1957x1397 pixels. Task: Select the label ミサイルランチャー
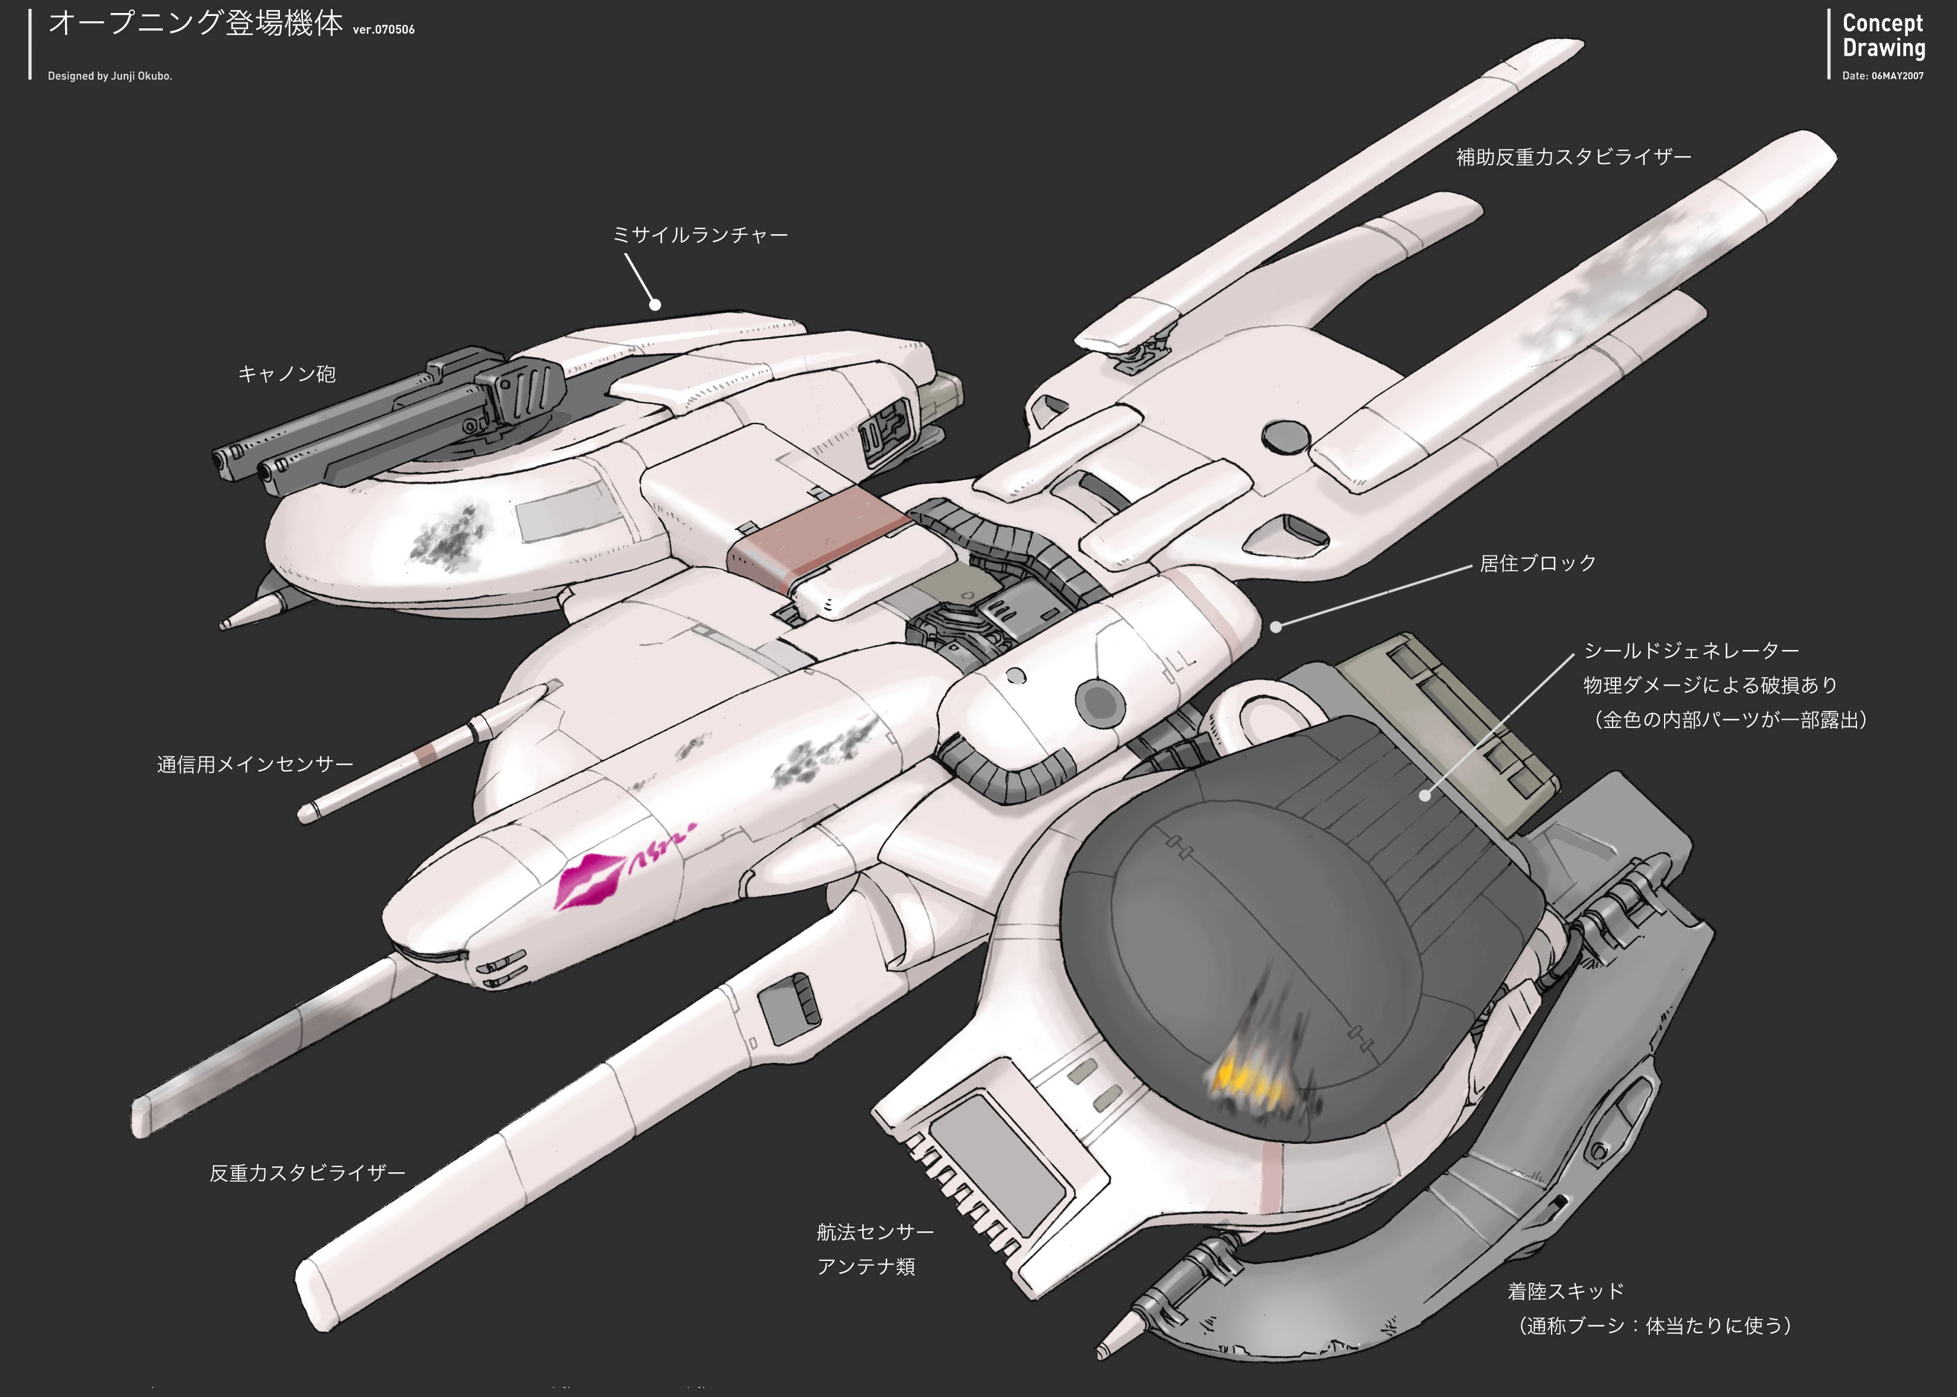click(699, 235)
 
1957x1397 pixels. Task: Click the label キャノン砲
click(286, 374)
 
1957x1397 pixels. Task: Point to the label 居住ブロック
click(1538, 564)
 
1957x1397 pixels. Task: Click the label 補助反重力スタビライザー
click(1573, 157)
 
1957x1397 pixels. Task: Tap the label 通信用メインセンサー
click(254, 765)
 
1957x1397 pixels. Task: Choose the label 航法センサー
click(875, 1232)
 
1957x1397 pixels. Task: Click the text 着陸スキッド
click(1565, 1291)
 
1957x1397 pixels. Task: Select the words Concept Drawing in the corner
click(1883, 36)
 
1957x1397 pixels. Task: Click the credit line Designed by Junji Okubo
click(110, 76)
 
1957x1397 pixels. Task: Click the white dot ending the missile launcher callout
click(655, 305)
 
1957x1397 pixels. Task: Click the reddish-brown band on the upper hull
click(818, 540)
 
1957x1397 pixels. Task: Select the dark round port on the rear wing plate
click(1285, 436)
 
